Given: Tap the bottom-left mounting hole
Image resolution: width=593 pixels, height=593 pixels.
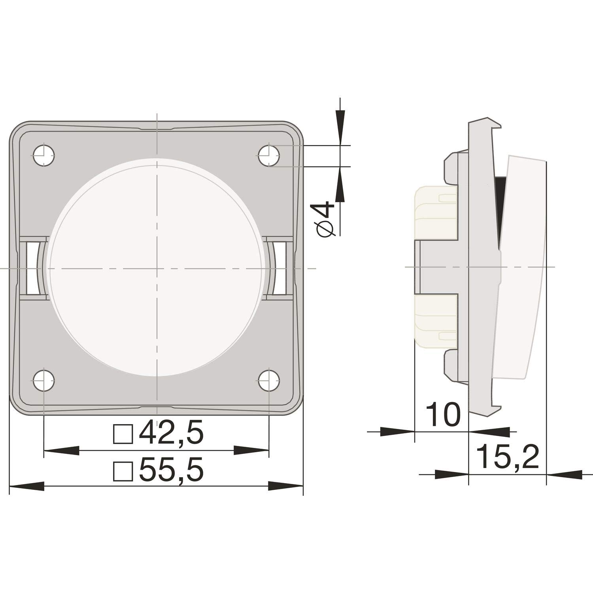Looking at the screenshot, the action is tap(44, 381).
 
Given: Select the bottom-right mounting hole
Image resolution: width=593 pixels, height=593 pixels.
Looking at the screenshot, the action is tap(269, 381).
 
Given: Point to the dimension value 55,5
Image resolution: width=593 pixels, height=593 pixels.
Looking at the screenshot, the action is tap(171, 469).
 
